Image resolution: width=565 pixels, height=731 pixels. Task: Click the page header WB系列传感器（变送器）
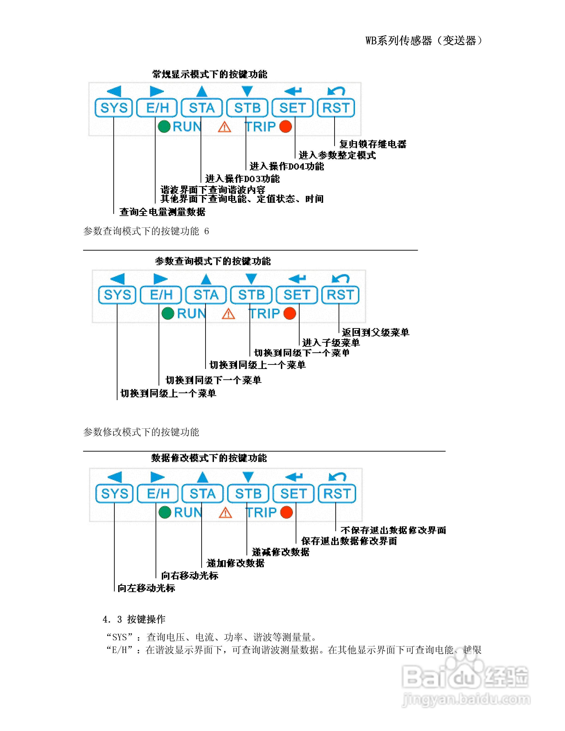[x=424, y=41]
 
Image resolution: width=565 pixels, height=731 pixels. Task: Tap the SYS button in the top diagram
[x=114, y=108]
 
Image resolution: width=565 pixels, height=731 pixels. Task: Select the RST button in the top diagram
[x=336, y=108]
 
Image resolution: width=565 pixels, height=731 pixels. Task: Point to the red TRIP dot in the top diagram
[x=286, y=126]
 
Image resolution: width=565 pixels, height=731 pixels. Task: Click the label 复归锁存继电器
[x=373, y=144]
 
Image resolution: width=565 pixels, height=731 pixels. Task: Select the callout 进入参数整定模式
[x=337, y=155]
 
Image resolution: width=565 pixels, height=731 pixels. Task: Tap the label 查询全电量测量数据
[x=162, y=212]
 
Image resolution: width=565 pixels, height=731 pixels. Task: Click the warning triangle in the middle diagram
[x=228, y=314]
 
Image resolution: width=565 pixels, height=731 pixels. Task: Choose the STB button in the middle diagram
[x=251, y=295]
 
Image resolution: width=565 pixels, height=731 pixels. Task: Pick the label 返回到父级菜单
[x=375, y=332]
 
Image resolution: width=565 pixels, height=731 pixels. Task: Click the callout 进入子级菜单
[x=331, y=343]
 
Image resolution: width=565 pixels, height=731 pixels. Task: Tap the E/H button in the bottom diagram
[x=158, y=493]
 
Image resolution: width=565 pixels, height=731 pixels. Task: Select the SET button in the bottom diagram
[x=293, y=493]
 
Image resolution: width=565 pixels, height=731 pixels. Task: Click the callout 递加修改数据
[x=235, y=563]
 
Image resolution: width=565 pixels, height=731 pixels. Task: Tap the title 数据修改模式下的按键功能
[x=209, y=458]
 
